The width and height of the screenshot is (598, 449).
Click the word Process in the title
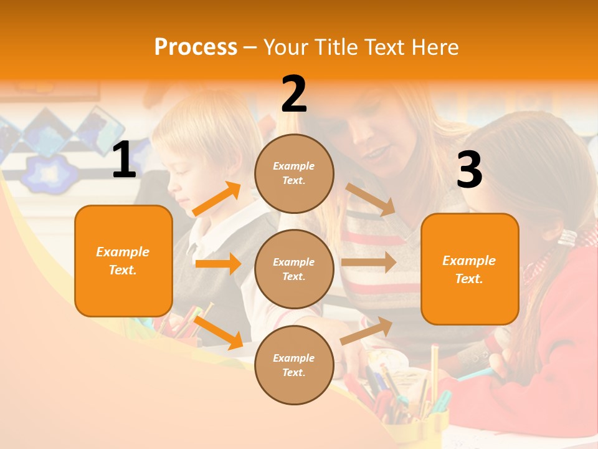click(x=196, y=47)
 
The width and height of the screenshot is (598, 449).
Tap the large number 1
click(x=124, y=161)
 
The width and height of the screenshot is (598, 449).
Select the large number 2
click(x=294, y=94)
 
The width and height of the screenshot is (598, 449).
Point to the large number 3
click(x=469, y=170)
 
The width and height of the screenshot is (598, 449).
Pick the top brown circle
click(x=294, y=173)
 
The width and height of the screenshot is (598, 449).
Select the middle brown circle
click(x=294, y=269)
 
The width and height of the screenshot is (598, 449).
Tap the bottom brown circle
click(x=294, y=365)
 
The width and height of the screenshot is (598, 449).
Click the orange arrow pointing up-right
click(x=217, y=199)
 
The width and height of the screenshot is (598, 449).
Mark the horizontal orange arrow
click(x=217, y=264)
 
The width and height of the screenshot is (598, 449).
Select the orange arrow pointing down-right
click(x=219, y=332)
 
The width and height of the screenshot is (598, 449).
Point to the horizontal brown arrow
click(x=368, y=262)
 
